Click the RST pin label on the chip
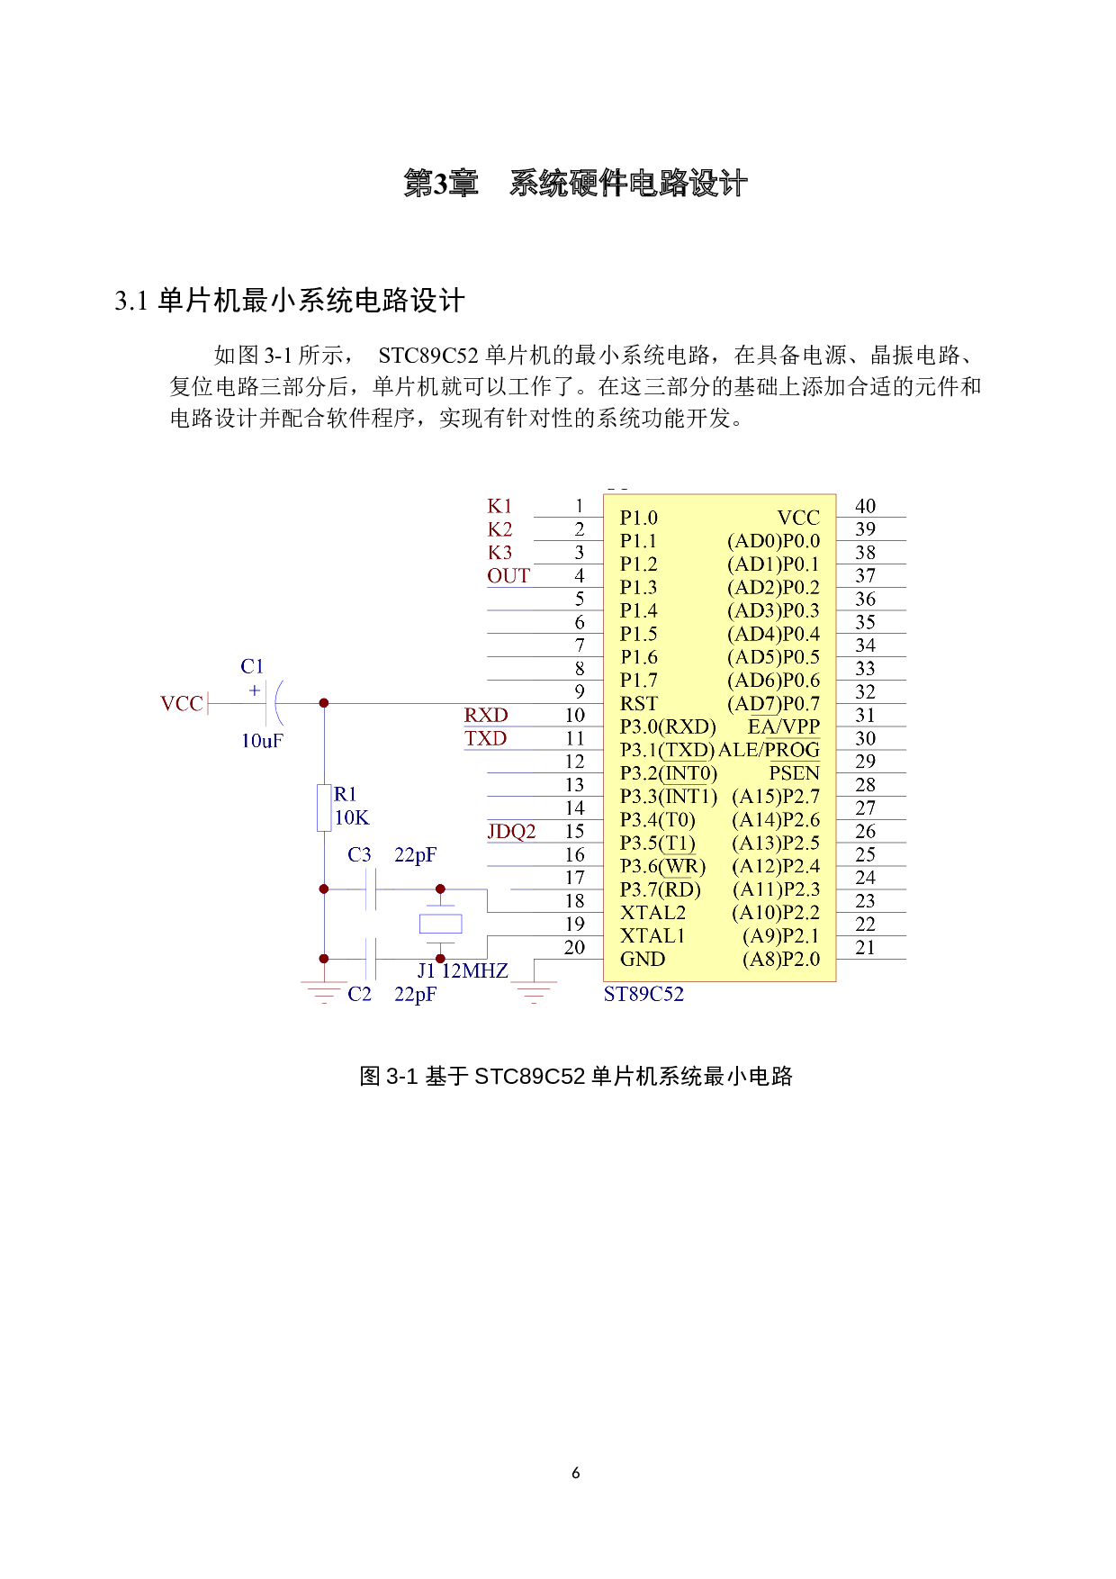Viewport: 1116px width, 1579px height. pyautogui.click(x=639, y=704)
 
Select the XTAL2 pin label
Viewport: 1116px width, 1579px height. pyautogui.click(x=652, y=913)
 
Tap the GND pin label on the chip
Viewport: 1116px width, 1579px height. pyautogui.click(x=643, y=960)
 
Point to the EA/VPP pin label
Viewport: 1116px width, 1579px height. pyautogui.click(x=783, y=727)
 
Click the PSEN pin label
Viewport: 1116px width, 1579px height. pyautogui.click(x=794, y=773)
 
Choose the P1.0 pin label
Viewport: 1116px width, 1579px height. pyautogui.click(x=639, y=519)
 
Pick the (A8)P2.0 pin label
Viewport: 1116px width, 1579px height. pyautogui.click(x=781, y=960)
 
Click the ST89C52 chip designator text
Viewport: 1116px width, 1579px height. pyautogui.click(x=643, y=995)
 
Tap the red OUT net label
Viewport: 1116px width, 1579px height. pyautogui.click(x=508, y=576)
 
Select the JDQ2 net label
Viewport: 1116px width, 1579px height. pyautogui.click(x=511, y=832)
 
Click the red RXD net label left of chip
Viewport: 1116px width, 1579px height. pyautogui.click(x=486, y=716)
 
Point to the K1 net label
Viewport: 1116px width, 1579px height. pyautogui.click(x=499, y=506)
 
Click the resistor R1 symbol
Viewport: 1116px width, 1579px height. pyautogui.click(x=324, y=808)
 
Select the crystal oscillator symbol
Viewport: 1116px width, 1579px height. pyautogui.click(x=440, y=924)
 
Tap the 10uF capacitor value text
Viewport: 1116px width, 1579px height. pyautogui.click(x=262, y=741)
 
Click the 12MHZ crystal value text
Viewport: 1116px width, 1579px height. pyautogui.click(x=475, y=971)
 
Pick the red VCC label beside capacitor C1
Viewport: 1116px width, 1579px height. pyautogui.click(x=182, y=704)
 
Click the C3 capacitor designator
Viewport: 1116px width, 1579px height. pyautogui.click(x=359, y=855)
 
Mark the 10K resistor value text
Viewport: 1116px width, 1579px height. pyautogui.click(x=351, y=818)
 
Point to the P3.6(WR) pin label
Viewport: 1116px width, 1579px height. pyautogui.click(x=662, y=867)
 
